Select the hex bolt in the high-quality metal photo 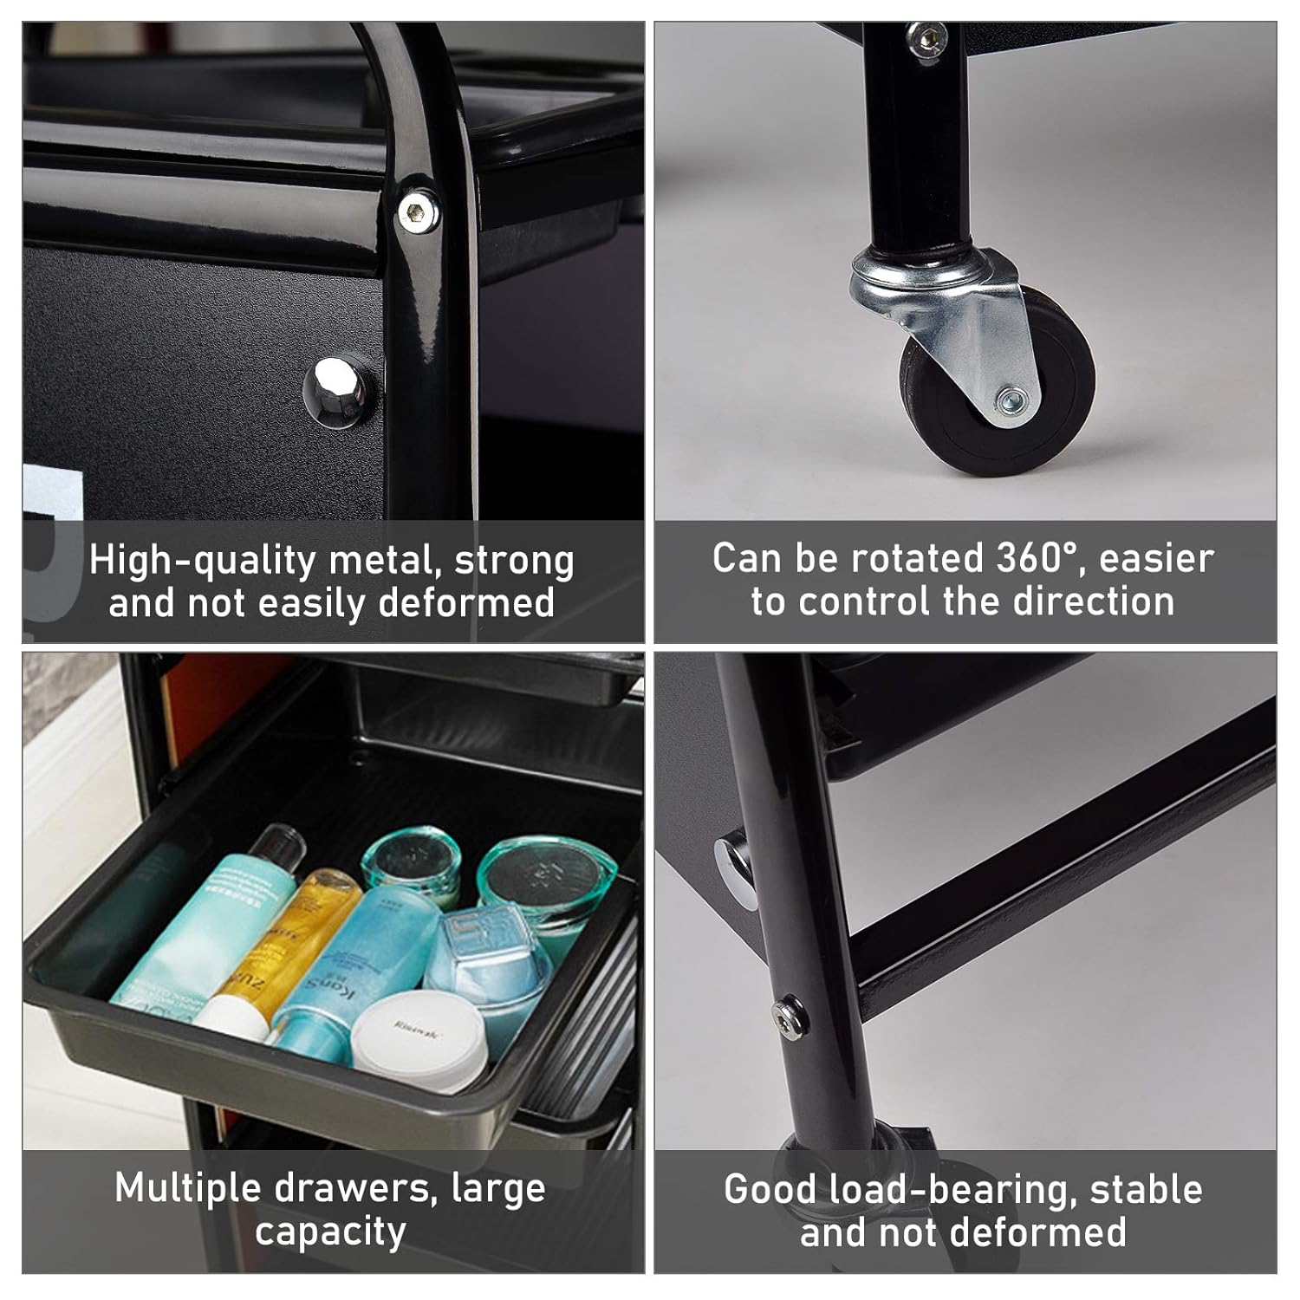tap(417, 211)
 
